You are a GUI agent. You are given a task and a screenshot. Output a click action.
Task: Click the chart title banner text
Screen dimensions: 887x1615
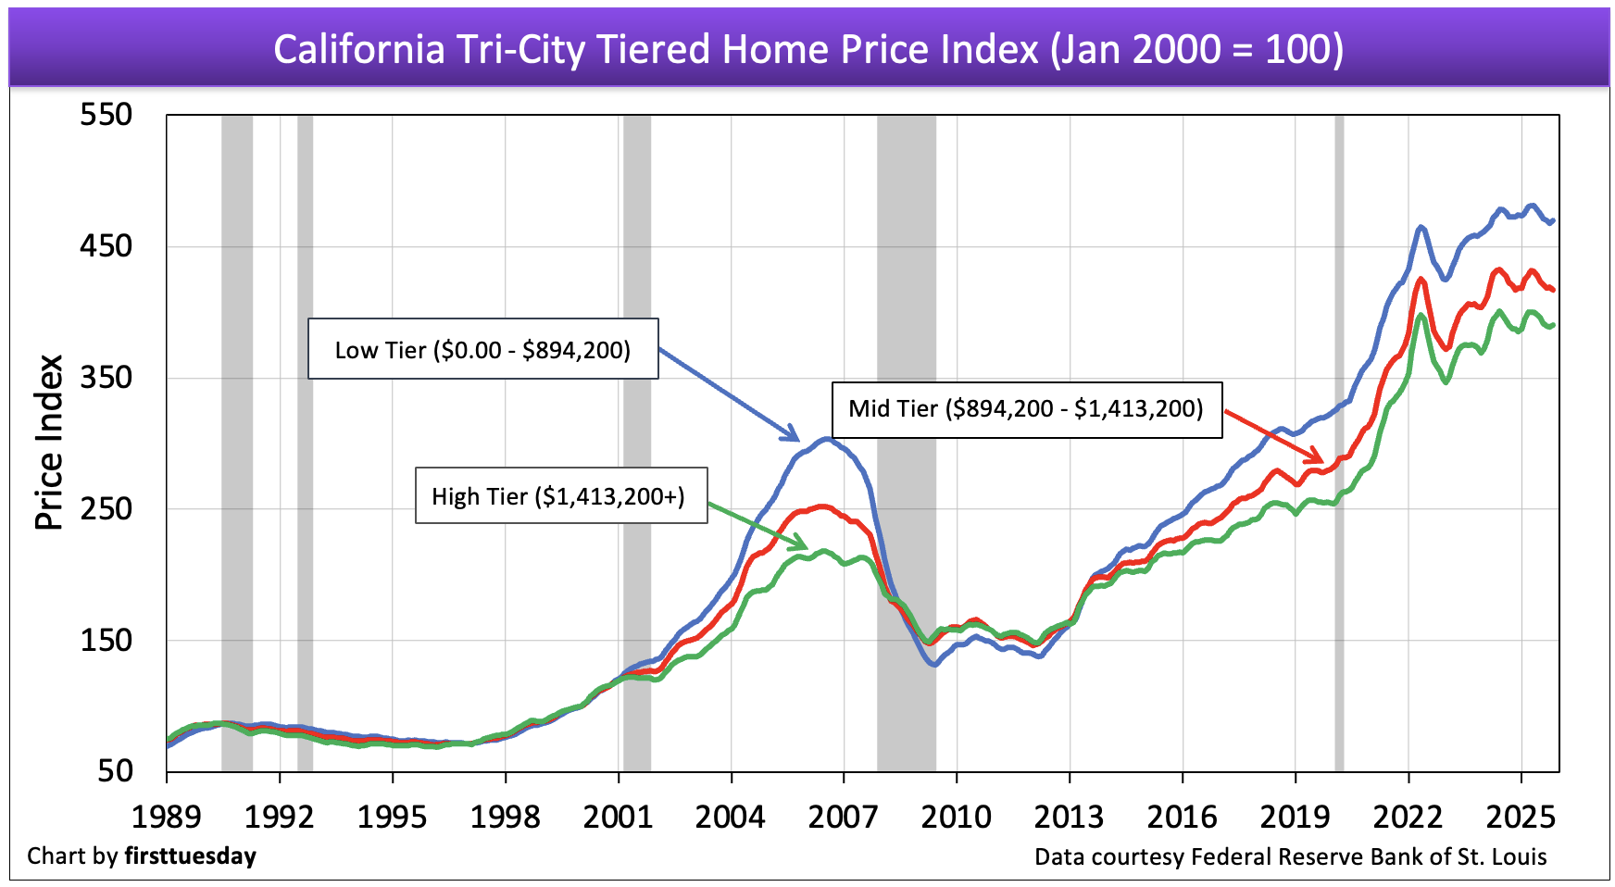pos(807,49)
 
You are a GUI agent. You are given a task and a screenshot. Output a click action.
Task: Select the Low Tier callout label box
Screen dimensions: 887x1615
pos(482,349)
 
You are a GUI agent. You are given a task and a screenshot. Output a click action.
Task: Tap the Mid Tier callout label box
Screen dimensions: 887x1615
pos(1026,408)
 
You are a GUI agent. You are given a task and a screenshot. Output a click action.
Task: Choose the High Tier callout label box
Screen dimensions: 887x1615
pos(560,496)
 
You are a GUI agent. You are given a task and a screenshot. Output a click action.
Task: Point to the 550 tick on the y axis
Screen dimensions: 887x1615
pos(106,115)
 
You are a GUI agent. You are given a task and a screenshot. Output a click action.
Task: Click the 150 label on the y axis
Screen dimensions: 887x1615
pos(106,640)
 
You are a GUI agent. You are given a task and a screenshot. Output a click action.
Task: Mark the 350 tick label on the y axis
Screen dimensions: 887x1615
pos(106,378)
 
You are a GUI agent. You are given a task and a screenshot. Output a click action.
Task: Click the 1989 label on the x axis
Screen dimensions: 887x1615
pos(167,817)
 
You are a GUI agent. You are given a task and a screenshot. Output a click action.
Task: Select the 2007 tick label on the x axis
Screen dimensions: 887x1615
pos(843,817)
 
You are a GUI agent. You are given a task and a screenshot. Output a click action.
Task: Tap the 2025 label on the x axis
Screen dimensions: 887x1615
pos(1521,817)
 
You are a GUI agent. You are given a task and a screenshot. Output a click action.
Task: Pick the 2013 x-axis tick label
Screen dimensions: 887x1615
pos(1069,817)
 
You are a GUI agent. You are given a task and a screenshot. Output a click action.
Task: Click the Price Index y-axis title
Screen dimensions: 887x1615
pos(49,442)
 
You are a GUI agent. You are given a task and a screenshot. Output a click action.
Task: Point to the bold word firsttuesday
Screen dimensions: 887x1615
pos(190,856)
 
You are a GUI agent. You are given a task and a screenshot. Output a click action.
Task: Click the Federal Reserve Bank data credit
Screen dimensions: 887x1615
pos(1290,856)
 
